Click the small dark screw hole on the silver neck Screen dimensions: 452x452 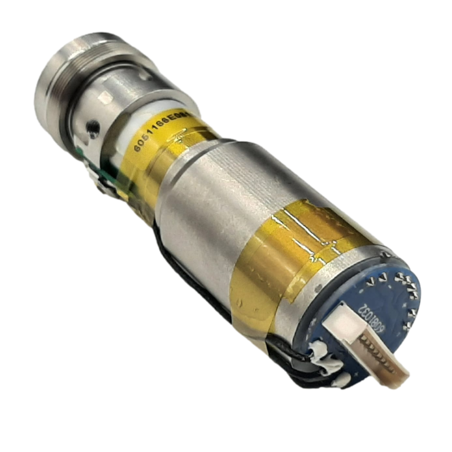[90, 131]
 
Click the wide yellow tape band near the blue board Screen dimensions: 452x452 [282, 266]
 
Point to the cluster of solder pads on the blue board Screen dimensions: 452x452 [401, 282]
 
